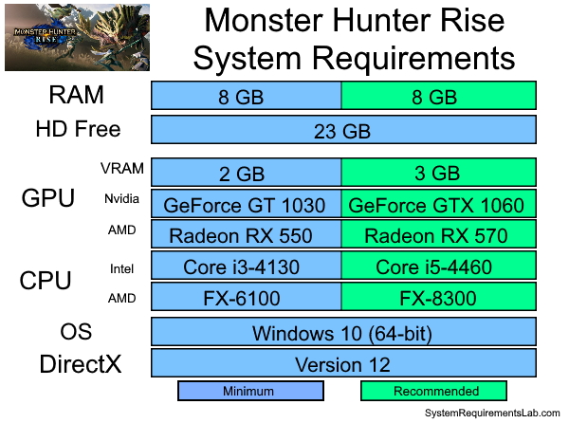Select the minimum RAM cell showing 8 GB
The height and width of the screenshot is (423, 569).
coord(247,96)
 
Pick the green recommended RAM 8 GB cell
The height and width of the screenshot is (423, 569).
coord(439,96)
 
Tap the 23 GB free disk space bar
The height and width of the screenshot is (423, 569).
coord(343,130)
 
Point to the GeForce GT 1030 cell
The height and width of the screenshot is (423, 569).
coord(247,204)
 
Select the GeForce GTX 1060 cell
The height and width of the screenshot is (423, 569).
coord(439,204)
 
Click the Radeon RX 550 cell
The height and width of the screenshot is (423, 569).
coord(247,235)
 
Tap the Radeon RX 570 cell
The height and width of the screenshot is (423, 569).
coord(439,235)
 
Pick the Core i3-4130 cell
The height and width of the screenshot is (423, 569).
coord(247,267)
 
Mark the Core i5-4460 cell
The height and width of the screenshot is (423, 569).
coord(439,267)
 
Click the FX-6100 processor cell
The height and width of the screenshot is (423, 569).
coord(247,299)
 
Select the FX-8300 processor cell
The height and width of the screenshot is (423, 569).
coord(439,299)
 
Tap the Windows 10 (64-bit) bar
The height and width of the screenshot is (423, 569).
coord(343,332)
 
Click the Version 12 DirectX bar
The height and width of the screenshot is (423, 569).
coord(343,363)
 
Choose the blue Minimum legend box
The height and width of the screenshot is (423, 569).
coord(250,391)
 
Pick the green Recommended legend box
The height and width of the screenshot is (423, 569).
coord(434,391)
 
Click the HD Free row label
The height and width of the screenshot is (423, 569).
coord(78,130)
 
